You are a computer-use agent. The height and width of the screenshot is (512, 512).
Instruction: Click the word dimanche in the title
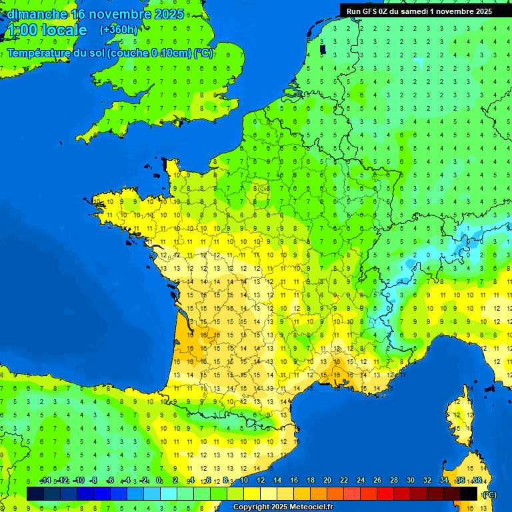[37, 14]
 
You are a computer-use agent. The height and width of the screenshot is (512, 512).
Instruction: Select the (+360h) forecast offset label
[118, 30]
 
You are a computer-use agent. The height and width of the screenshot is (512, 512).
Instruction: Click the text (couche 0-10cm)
[150, 53]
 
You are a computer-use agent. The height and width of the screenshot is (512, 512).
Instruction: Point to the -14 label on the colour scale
[45, 481]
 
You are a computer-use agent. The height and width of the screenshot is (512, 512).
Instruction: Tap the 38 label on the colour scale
[477, 481]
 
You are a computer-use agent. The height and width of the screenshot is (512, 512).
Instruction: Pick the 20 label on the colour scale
[327, 481]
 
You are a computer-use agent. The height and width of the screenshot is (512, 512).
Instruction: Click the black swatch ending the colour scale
[469, 493]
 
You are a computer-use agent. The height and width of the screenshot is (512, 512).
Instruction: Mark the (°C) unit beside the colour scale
[489, 495]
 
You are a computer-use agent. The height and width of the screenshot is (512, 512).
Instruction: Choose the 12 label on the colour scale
[261, 481]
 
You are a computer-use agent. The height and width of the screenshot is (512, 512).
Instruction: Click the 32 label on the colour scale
[427, 481]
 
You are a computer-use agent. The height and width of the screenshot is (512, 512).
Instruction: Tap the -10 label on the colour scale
[79, 481]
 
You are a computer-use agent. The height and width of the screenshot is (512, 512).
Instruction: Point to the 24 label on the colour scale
[361, 481]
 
